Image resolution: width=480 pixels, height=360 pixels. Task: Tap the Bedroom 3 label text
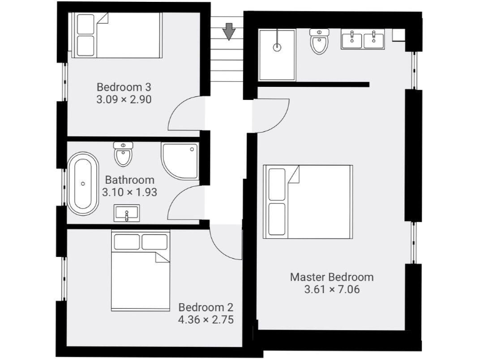tap(124, 87)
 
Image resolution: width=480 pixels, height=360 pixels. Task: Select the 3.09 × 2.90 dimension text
tap(124, 99)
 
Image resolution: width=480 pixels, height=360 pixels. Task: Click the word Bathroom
tap(129, 180)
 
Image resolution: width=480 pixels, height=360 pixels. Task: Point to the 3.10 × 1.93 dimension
tap(129, 192)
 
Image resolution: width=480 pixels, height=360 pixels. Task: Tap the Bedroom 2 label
tap(206, 307)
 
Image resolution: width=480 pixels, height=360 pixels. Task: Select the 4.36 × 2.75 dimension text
tap(206, 319)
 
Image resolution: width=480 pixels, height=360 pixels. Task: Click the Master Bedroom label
tap(331, 277)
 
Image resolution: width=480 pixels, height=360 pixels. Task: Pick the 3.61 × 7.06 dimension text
tap(331, 289)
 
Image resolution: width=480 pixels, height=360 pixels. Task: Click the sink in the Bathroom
tap(127, 214)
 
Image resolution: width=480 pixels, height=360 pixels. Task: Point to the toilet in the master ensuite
tap(319, 41)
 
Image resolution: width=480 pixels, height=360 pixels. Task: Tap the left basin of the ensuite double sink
tap(352, 39)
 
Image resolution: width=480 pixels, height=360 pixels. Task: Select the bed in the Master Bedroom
tap(307, 201)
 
